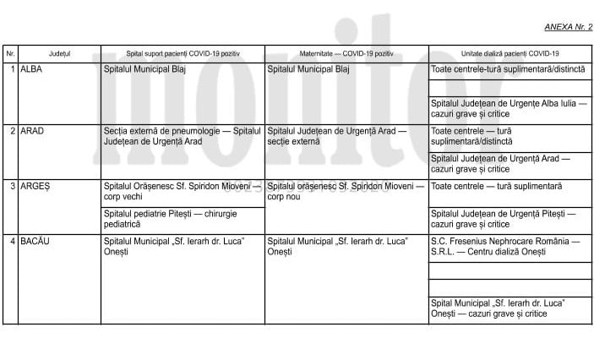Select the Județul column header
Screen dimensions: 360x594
tap(60, 53)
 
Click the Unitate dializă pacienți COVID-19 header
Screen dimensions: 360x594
tap(510, 53)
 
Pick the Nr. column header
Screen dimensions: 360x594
tap(10, 53)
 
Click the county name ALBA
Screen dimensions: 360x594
tap(31, 69)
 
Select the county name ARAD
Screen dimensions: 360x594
tap(32, 131)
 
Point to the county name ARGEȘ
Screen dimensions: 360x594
tap(35, 185)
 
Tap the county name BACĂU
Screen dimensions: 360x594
tap(35, 241)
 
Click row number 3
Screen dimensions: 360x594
tap(13, 185)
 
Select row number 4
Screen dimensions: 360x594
tap(13, 241)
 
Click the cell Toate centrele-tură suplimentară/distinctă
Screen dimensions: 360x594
tap(507, 69)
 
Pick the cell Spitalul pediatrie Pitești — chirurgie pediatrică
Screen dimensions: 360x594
tap(169, 218)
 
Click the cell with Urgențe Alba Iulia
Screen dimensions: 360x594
tap(508, 108)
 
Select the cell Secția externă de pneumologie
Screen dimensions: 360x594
tap(182, 136)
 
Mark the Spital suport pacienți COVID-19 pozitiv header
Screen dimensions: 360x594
tap(183, 53)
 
